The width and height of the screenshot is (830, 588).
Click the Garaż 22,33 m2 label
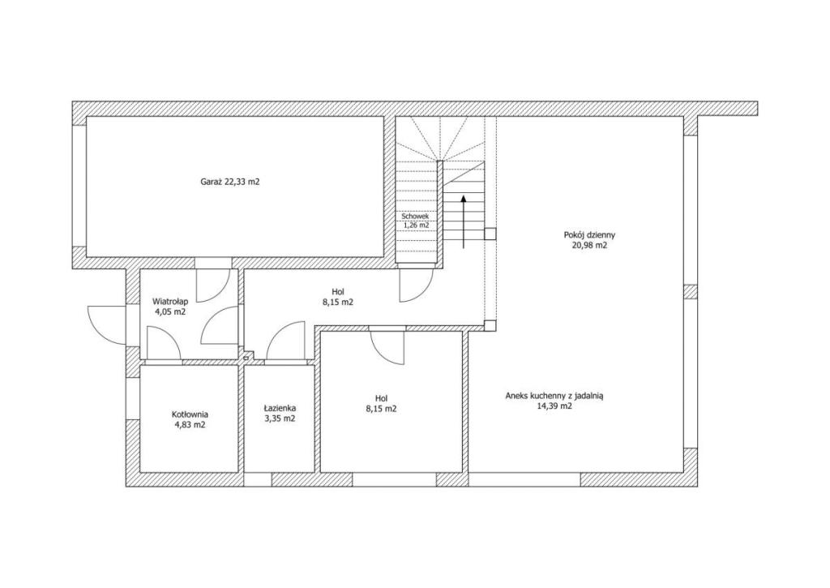229,182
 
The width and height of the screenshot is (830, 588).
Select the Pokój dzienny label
589,234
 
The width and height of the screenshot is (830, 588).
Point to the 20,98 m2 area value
589,246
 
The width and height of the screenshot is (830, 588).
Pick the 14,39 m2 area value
554,406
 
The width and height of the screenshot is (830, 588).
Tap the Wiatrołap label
170,301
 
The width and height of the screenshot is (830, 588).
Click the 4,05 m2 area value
170,311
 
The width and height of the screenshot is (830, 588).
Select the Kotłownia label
190,414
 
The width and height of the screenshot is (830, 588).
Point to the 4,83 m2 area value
190,425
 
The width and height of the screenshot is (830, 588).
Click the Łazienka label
280,409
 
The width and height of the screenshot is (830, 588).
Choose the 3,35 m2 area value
280,418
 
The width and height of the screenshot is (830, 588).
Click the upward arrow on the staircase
464,221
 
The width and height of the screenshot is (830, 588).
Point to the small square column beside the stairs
490,234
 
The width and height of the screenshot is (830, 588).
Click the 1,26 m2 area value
416,225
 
